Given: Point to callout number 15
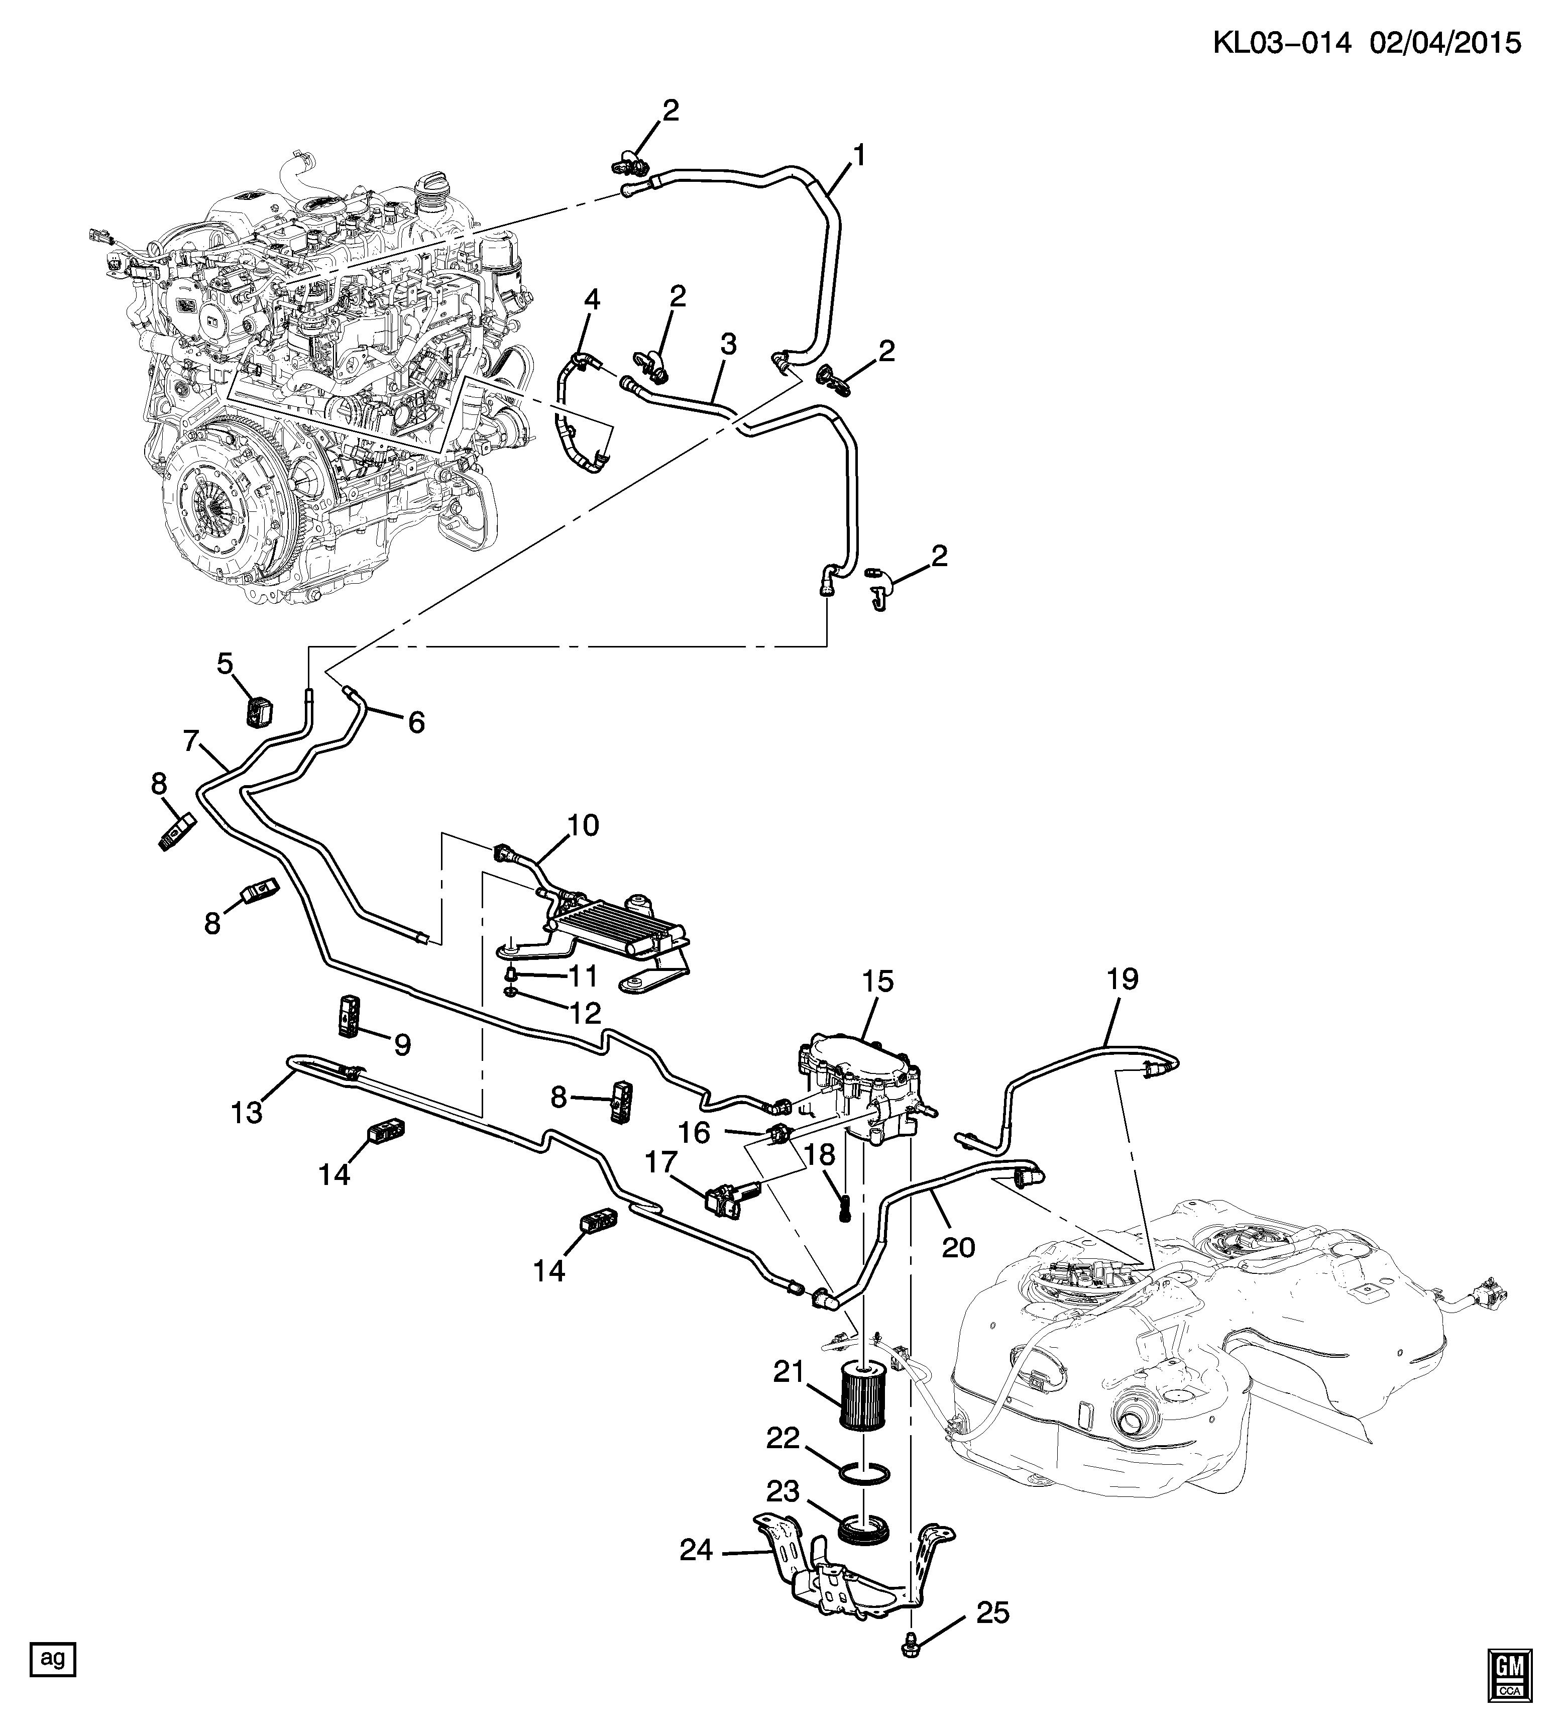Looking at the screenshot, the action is tap(878, 981).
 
